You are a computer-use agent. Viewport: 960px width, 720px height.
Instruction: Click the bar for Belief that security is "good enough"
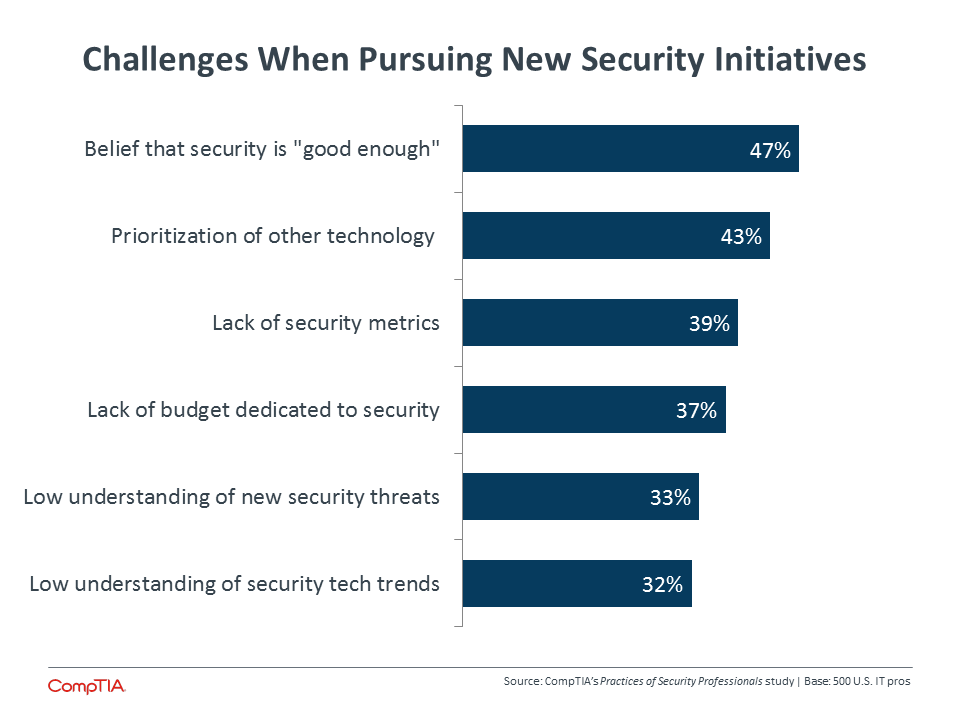(631, 149)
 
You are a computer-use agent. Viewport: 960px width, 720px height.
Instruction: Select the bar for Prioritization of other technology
(616, 236)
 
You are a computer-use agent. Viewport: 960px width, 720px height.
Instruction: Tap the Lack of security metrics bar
(600, 323)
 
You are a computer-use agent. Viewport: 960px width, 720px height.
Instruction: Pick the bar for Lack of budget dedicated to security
(594, 410)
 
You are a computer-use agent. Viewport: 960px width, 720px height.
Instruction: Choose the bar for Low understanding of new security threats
(580, 497)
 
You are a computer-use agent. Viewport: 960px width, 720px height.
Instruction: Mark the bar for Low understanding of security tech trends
(577, 583)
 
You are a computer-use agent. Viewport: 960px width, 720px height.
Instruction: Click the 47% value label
(770, 151)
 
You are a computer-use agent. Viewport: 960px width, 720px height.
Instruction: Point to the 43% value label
(741, 237)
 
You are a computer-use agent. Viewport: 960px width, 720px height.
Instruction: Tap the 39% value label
(710, 324)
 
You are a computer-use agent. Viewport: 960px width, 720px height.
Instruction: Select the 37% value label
(697, 411)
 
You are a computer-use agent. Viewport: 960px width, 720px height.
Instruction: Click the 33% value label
(670, 498)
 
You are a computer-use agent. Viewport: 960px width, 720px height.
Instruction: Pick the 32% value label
(662, 585)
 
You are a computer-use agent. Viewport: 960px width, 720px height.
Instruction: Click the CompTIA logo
(87, 686)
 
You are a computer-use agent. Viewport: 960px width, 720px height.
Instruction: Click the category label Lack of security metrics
(326, 323)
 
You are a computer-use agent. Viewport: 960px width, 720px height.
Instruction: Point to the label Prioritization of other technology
(272, 236)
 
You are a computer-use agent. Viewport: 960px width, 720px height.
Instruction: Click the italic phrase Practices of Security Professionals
(681, 681)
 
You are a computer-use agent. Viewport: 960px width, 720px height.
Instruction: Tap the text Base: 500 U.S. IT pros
(857, 681)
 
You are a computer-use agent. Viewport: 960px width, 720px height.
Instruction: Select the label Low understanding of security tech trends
(234, 584)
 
